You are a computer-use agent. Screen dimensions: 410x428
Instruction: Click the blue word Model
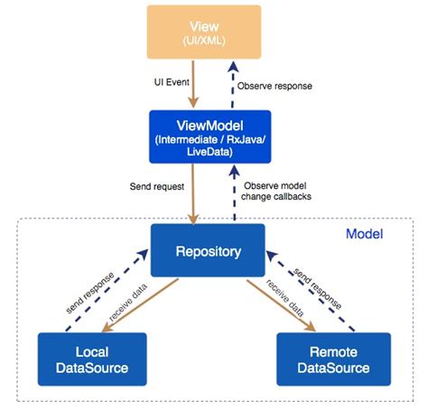[x=365, y=234]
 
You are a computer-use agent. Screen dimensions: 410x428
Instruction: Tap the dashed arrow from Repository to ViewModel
[x=233, y=194]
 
